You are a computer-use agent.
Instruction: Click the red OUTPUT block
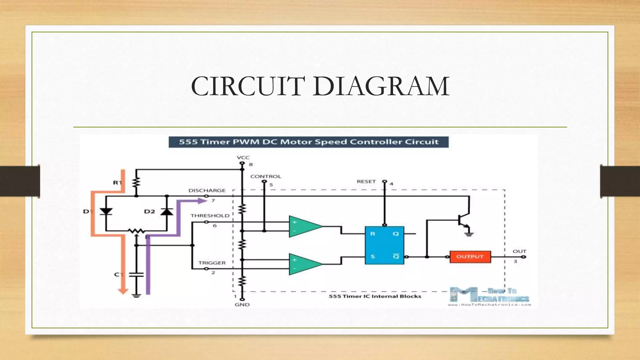(x=470, y=257)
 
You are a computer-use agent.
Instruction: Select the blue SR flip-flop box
(x=384, y=245)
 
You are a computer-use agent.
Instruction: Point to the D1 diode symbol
(x=106, y=212)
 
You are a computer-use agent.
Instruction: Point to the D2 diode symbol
(x=167, y=212)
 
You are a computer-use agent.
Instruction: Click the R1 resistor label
(x=117, y=182)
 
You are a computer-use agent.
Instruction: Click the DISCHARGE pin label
(x=207, y=190)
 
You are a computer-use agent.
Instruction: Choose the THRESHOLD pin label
(x=210, y=216)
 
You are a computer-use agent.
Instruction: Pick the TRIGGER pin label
(x=212, y=263)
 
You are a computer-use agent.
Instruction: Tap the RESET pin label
(x=366, y=182)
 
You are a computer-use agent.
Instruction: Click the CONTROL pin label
(x=266, y=177)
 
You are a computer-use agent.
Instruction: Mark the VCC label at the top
(x=243, y=157)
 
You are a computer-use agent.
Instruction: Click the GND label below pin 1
(x=242, y=304)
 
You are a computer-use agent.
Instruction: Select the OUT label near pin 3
(x=519, y=251)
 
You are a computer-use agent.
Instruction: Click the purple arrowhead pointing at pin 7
(x=202, y=201)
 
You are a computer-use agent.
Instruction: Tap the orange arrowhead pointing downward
(x=123, y=291)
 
